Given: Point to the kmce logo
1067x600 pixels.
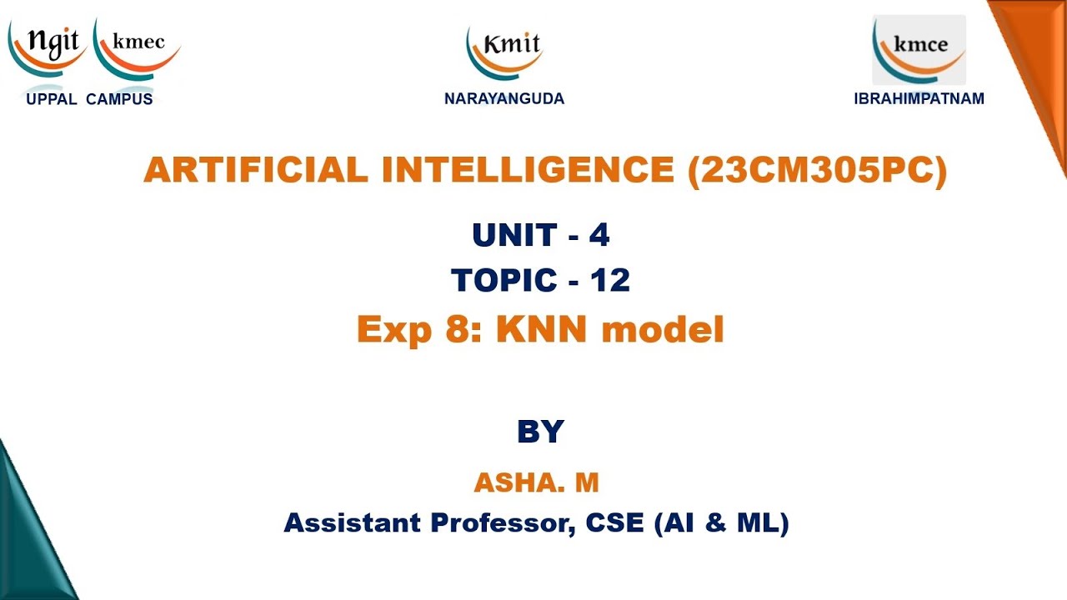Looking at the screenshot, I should coord(919,48).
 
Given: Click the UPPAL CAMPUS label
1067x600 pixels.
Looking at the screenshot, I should coord(89,99).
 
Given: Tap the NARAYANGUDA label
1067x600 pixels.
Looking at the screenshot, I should coord(504,99).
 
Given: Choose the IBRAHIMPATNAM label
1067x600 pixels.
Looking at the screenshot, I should coord(919,99).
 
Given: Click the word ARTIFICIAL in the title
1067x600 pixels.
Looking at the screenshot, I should coord(255,170).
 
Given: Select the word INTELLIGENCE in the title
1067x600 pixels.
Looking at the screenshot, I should coord(528,170).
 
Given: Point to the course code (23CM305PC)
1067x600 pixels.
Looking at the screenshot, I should coord(818,170).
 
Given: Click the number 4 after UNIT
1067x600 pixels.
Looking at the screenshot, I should coord(599,236).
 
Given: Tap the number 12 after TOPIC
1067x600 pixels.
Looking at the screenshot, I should coord(610,281).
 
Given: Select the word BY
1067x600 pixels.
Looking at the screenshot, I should coord(540,432).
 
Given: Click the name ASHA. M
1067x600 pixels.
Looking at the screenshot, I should coord(537,482).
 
